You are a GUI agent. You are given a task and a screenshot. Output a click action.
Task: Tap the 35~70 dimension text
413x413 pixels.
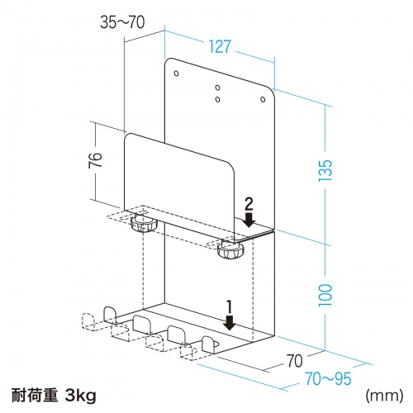click(x=126, y=22)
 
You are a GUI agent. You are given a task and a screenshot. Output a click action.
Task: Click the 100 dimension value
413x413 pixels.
click(x=329, y=292)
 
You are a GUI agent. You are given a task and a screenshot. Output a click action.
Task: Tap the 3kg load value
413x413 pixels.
click(x=80, y=396)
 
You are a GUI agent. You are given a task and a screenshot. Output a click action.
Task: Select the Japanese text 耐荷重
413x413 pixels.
click(x=34, y=396)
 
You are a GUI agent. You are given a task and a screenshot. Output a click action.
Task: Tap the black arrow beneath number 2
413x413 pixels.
click(x=248, y=218)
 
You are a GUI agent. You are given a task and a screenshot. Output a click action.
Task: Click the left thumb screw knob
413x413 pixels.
click(x=145, y=224)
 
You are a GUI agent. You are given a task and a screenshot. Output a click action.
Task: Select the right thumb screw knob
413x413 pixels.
click(x=231, y=250)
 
